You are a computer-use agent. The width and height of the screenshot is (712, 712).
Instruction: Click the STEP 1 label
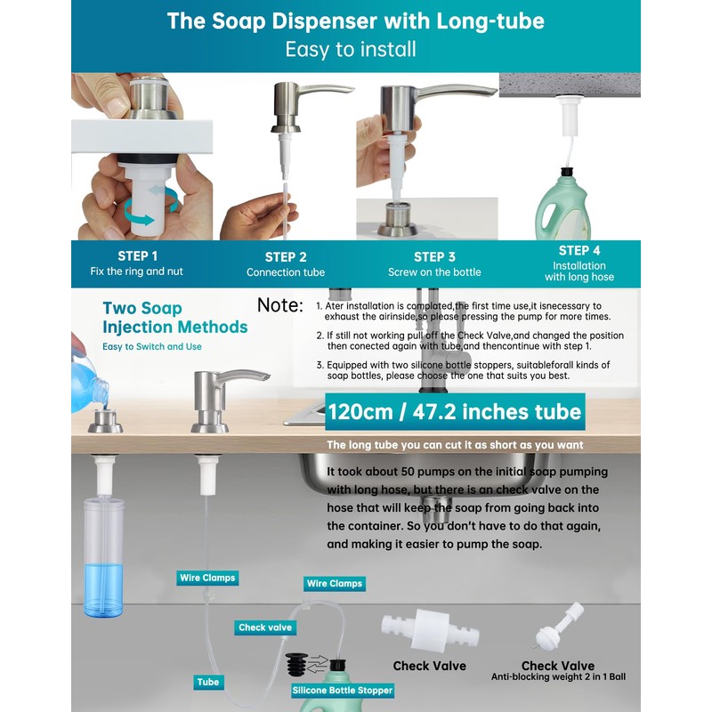138,256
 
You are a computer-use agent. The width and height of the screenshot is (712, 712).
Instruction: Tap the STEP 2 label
286,257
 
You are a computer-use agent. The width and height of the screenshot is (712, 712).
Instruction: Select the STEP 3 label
434,257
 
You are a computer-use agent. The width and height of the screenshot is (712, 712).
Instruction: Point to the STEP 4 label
579,251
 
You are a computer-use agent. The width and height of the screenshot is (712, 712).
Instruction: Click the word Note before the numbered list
280,305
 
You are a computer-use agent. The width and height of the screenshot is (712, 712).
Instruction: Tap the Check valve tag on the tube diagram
265,627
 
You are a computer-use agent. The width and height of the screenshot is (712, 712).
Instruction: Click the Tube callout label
208,682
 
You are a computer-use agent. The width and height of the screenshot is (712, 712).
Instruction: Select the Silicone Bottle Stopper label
343,691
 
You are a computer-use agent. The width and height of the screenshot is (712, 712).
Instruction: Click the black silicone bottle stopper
297,665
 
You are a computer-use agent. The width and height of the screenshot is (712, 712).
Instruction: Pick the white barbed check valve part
430,629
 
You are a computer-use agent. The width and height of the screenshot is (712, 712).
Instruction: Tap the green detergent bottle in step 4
562,206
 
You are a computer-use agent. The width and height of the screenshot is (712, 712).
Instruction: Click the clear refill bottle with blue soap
103,557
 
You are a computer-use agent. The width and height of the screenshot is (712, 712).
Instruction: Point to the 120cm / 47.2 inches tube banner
455,412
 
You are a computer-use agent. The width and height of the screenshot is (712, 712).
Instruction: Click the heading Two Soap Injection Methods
174,318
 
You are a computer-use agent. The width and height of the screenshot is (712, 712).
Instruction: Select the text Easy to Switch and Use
152,346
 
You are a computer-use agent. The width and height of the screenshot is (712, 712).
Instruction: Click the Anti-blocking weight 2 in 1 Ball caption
558,677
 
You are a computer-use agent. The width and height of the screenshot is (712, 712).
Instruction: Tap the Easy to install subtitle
351,50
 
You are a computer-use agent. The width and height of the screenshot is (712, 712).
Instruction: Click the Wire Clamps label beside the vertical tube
207,578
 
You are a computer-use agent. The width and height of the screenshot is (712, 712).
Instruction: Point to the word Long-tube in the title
490,21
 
